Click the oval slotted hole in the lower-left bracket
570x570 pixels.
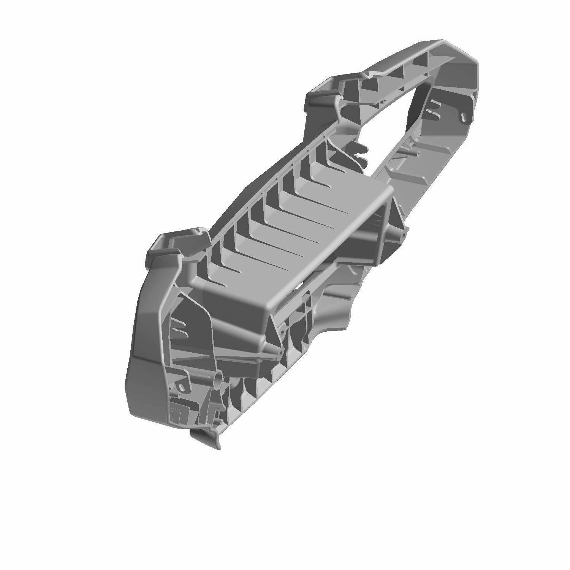[182, 387]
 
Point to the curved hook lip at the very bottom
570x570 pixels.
[207, 439]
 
